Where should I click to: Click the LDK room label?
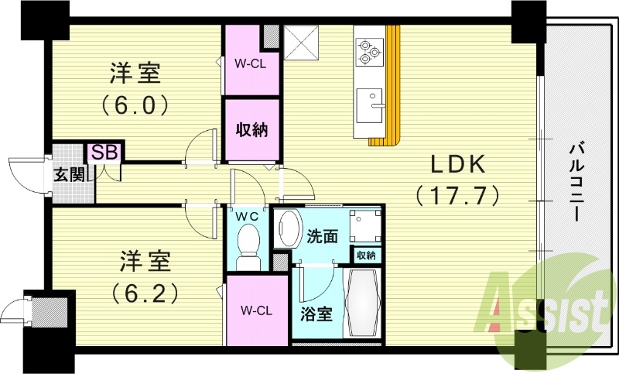pyautogui.click(x=457, y=164)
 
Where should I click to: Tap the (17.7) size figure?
pyautogui.click(x=457, y=194)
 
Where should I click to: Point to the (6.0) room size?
pyautogui.click(x=135, y=105)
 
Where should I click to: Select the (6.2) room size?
pyautogui.click(x=145, y=293)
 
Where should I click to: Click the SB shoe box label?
pyautogui.click(x=104, y=153)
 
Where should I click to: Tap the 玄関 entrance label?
pyautogui.click(x=69, y=174)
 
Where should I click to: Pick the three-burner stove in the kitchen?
pyautogui.click(x=369, y=51)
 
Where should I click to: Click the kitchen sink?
pyautogui.click(x=370, y=105)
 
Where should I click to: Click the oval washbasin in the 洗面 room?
pyautogui.click(x=287, y=228)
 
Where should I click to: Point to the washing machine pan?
pyautogui.click(x=365, y=225)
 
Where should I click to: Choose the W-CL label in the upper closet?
pyautogui.click(x=250, y=64)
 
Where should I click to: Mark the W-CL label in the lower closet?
pyautogui.click(x=257, y=311)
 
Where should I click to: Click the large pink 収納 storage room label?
pyautogui.click(x=252, y=129)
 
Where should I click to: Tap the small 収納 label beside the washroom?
pyautogui.click(x=366, y=255)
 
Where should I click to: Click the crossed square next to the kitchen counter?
pyautogui.click(x=301, y=43)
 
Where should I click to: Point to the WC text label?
pyautogui.click(x=247, y=216)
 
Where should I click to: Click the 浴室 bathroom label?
pyautogui.click(x=316, y=314)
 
